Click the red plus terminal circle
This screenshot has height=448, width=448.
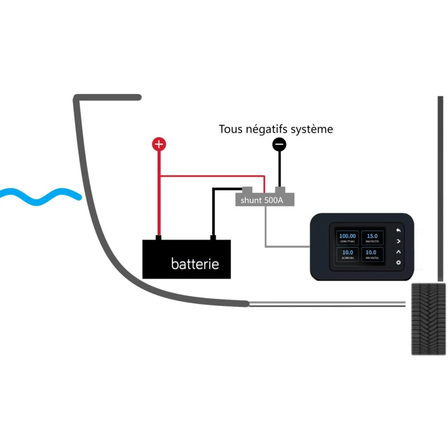coord(159,144)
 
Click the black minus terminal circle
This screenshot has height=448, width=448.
coord(279,144)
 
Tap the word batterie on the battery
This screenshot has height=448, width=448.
coord(195,263)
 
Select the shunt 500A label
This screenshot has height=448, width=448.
coord(262,200)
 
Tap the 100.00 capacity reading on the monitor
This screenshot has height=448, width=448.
coord(347,237)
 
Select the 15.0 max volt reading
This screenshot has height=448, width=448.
coord(371,237)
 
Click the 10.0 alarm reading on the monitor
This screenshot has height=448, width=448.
coord(347,254)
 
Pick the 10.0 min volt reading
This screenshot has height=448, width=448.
coord(371,254)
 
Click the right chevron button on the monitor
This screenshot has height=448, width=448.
coord(399,241)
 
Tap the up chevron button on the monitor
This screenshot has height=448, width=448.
coord(399,251)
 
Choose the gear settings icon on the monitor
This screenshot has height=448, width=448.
coord(399,263)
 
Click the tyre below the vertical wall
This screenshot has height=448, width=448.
coord(428,319)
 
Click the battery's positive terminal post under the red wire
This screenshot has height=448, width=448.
coord(158,238)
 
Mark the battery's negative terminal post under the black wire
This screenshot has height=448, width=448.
coord(213,238)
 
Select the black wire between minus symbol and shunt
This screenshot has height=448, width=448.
coord(279,168)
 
